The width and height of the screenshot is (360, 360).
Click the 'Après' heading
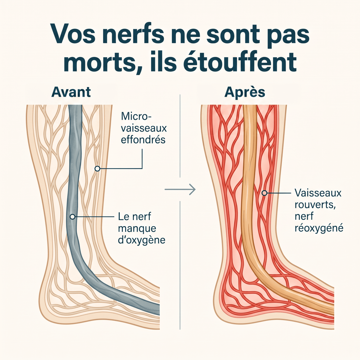click(x=245, y=92)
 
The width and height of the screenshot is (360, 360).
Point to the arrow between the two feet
click(x=180, y=189)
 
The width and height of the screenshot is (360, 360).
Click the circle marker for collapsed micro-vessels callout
click(x=97, y=169)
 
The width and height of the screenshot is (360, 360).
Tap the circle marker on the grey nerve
click(x=73, y=217)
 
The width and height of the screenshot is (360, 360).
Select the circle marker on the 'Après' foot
click(x=264, y=193)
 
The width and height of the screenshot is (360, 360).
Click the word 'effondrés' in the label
click(x=143, y=139)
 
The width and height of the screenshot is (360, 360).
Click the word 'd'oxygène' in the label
click(x=142, y=240)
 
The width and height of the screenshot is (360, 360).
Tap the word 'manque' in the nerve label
click(x=137, y=229)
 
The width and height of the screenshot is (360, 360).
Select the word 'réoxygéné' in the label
click(x=319, y=228)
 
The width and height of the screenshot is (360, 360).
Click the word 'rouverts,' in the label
click(x=315, y=205)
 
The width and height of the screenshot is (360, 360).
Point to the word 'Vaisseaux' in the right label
click(x=318, y=193)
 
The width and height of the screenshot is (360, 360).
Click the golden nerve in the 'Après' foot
click(x=248, y=187)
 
